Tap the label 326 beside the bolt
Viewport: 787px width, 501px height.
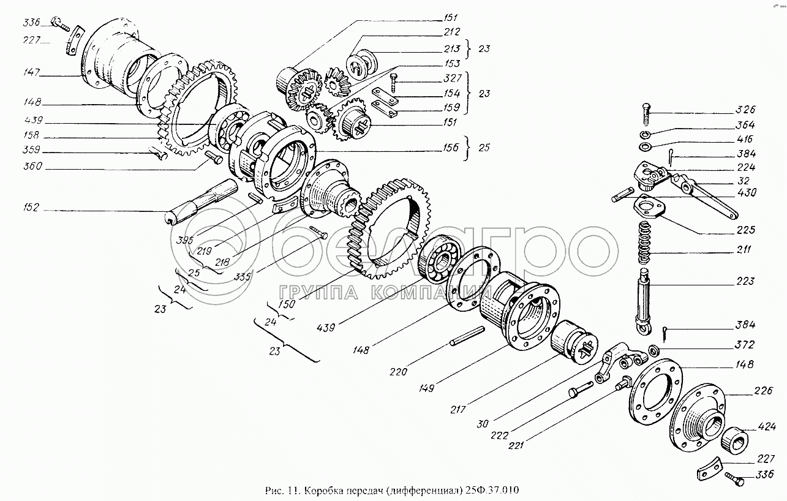click(746, 110)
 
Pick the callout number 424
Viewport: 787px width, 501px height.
click(766, 426)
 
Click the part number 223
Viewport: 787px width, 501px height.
click(746, 282)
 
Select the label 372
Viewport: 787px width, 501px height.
click(746, 345)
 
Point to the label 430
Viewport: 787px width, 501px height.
click(746, 192)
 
